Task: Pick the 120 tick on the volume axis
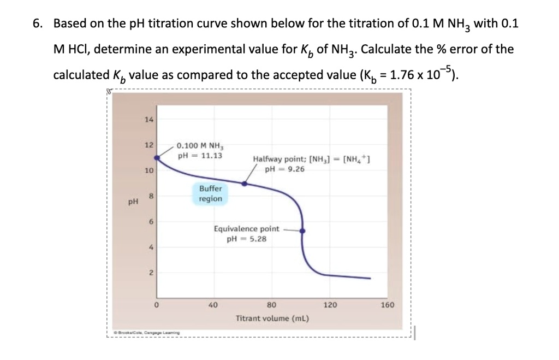330,305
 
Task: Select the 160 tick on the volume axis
387,305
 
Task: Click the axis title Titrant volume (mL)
272,318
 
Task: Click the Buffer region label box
210,193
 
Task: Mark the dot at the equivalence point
303,231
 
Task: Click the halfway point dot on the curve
244,184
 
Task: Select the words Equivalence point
247,229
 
